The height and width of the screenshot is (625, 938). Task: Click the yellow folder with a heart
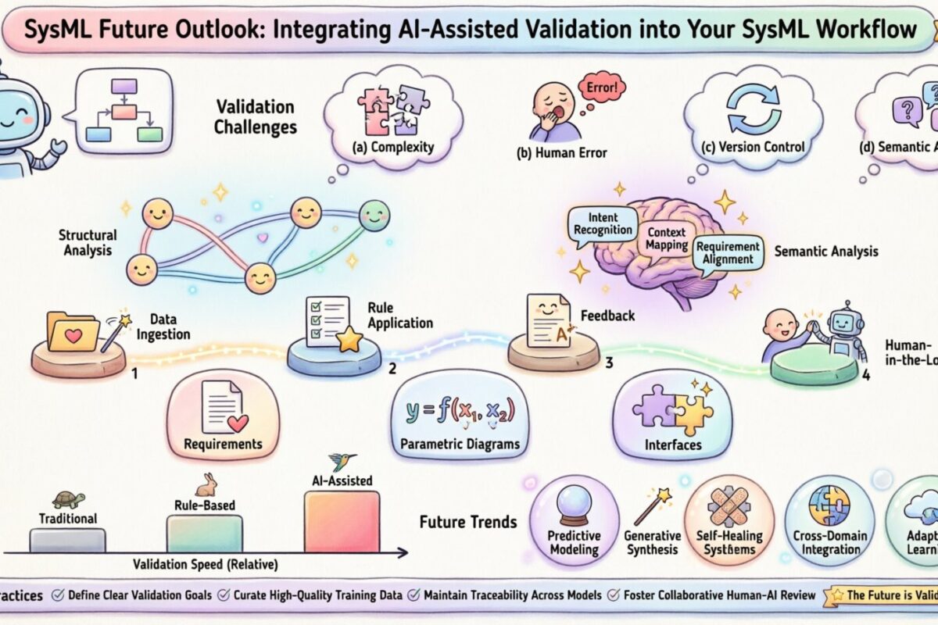[73, 331]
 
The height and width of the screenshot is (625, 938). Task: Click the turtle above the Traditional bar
[68, 499]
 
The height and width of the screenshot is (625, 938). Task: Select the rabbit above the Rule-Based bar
[205, 485]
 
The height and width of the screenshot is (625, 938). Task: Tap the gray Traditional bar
[67, 540]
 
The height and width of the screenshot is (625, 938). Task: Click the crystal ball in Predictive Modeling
[574, 508]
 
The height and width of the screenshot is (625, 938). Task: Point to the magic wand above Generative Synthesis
[653, 506]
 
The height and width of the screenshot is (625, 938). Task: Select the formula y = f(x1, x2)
[460, 411]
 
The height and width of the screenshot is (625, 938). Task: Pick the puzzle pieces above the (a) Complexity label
[388, 109]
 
